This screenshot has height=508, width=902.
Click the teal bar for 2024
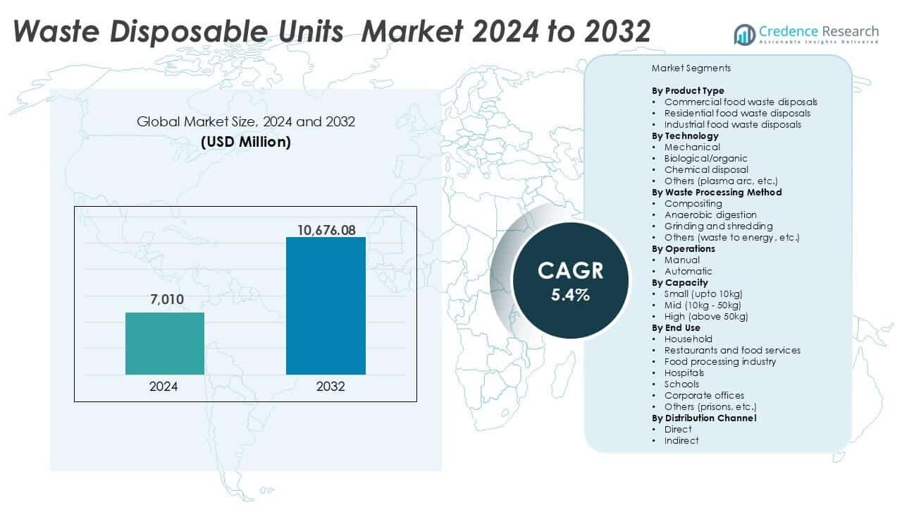coord(165,344)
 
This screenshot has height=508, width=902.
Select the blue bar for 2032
coord(326,306)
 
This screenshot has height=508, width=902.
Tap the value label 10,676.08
coord(326,230)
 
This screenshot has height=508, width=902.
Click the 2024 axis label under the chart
coord(164,387)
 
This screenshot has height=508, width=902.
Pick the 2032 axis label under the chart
coord(326,387)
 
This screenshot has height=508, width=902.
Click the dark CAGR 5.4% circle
coord(569,282)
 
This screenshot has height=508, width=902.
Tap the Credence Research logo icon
coord(744,34)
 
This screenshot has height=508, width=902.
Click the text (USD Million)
coord(245,141)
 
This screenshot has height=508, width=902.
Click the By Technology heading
coord(685,135)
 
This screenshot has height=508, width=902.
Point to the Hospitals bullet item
coord(684,373)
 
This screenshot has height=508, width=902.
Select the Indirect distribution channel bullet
coord(681,440)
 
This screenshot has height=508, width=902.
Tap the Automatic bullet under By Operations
coord(688,271)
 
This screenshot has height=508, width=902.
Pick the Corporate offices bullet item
coord(704,395)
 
